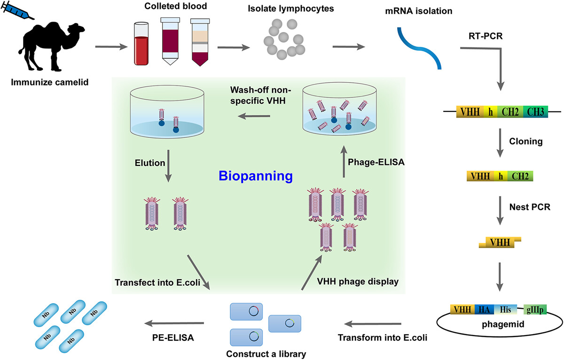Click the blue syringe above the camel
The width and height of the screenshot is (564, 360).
coord(17,10)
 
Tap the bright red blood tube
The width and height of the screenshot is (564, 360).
coord(141,44)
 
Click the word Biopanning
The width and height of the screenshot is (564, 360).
coord(256,176)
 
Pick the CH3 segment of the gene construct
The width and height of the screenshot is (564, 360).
coord(535,112)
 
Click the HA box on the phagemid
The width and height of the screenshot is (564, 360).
coord(484,309)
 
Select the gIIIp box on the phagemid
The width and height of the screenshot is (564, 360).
coord(535,310)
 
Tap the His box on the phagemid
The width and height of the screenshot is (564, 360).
coord(505,309)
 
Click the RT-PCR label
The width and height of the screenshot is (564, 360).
coord(486,36)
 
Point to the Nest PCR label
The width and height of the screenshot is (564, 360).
coord(530,207)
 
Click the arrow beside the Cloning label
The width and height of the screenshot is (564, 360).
coord(500,143)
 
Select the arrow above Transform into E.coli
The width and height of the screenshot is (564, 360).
coord(373,324)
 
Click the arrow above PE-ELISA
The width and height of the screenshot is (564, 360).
coord(174,323)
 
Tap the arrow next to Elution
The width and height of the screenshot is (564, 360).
coord(168,166)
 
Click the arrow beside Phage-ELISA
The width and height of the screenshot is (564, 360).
coord(344,162)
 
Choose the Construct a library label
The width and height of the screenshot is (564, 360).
coord(266,354)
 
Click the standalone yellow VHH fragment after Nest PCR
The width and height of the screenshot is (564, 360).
coord(500,242)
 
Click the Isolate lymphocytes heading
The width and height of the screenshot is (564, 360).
coord(291,8)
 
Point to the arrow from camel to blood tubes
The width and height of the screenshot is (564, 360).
coord(111,47)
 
